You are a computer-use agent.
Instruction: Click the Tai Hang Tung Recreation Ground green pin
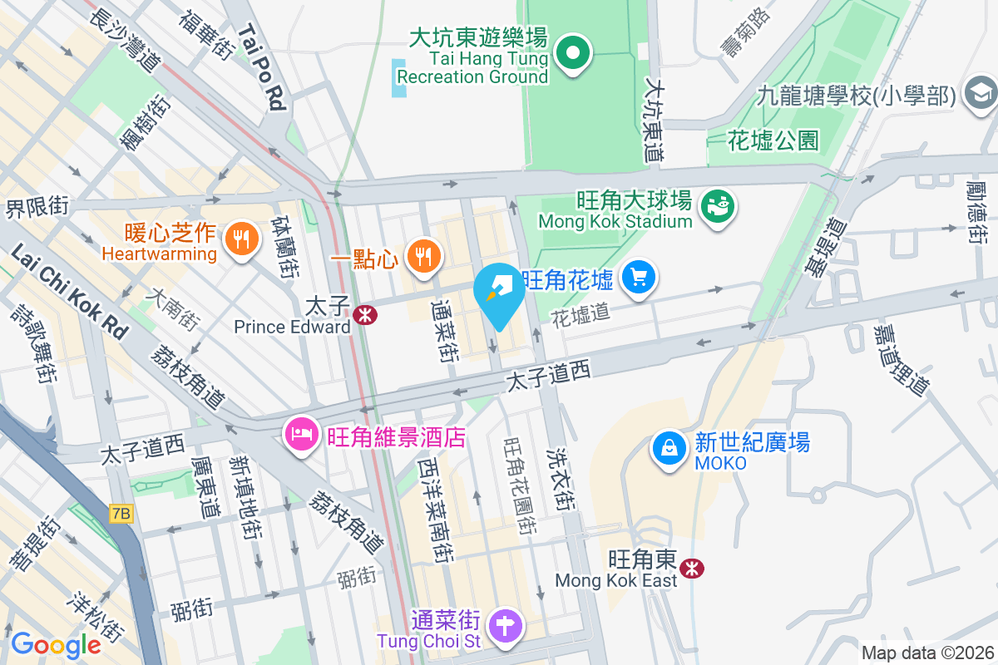point(573,54)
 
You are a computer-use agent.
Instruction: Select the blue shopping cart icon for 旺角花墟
point(639,278)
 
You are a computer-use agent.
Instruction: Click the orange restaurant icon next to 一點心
point(424,257)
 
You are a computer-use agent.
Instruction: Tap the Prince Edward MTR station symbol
point(363,315)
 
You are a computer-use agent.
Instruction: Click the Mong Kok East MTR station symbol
point(690,569)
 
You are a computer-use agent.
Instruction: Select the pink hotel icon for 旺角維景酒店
point(301,434)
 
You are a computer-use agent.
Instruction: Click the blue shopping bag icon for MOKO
point(669,448)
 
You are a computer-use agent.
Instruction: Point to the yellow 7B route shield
point(121,514)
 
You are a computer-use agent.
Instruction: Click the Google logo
point(56,644)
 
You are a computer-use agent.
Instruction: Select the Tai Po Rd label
point(263,66)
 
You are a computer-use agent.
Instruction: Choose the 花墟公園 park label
point(773,140)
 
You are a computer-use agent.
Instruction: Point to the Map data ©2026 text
point(927,653)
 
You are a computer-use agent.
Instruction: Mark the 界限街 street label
point(37,206)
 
